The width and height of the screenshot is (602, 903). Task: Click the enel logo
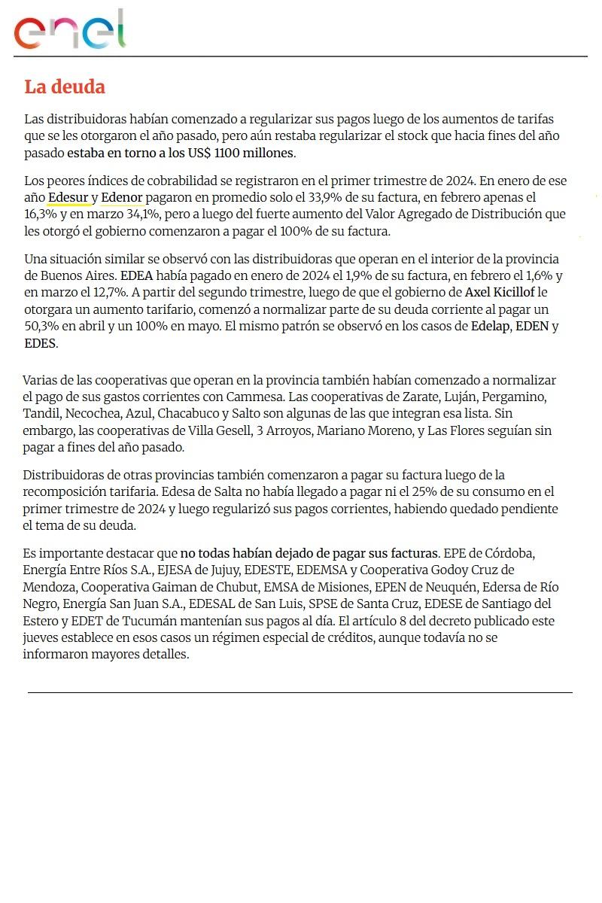point(69,31)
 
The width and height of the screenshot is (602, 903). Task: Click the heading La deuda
point(65,87)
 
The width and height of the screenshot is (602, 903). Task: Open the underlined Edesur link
point(68,198)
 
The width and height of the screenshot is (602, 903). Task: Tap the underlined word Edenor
point(122,198)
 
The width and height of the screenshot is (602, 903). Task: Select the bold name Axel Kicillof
point(499,292)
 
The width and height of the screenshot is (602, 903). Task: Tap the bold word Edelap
point(491,327)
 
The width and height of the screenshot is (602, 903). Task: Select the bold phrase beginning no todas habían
point(309,553)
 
